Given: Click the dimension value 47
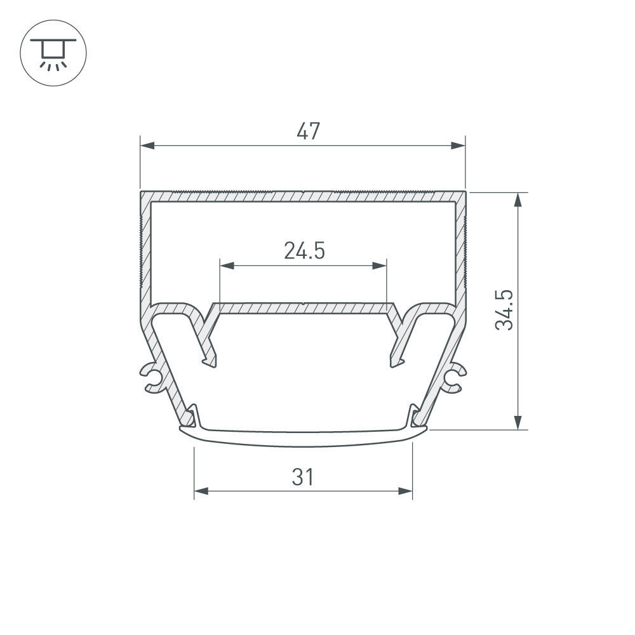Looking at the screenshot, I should click(308, 131).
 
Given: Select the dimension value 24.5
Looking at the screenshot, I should click(304, 251).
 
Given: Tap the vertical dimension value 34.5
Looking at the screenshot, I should click(505, 310).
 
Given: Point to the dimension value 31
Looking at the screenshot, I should click(303, 476).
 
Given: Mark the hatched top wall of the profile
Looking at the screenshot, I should click(304, 196).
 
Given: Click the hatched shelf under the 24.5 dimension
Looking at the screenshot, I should click(304, 309).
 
